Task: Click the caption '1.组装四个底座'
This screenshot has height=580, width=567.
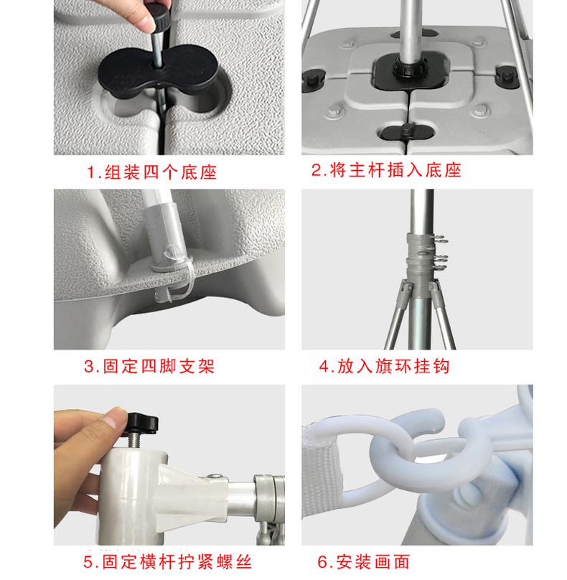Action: [x=151, y=172]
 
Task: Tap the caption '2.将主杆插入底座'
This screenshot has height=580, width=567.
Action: [x=386, y=170]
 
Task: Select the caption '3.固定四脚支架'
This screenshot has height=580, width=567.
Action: [x=149, y=367]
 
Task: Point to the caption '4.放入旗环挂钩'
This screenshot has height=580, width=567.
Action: [x=384, y=367]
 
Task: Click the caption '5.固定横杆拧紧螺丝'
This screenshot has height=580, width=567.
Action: [x=167, y=562]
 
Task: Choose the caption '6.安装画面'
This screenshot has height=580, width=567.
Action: [x=364, y=562]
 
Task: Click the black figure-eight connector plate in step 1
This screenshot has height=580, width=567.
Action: [x=159, y=71]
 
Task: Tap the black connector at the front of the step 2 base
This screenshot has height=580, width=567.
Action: [x=407, y=131]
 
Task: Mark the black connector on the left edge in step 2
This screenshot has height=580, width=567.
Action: [x=312, y=80]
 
